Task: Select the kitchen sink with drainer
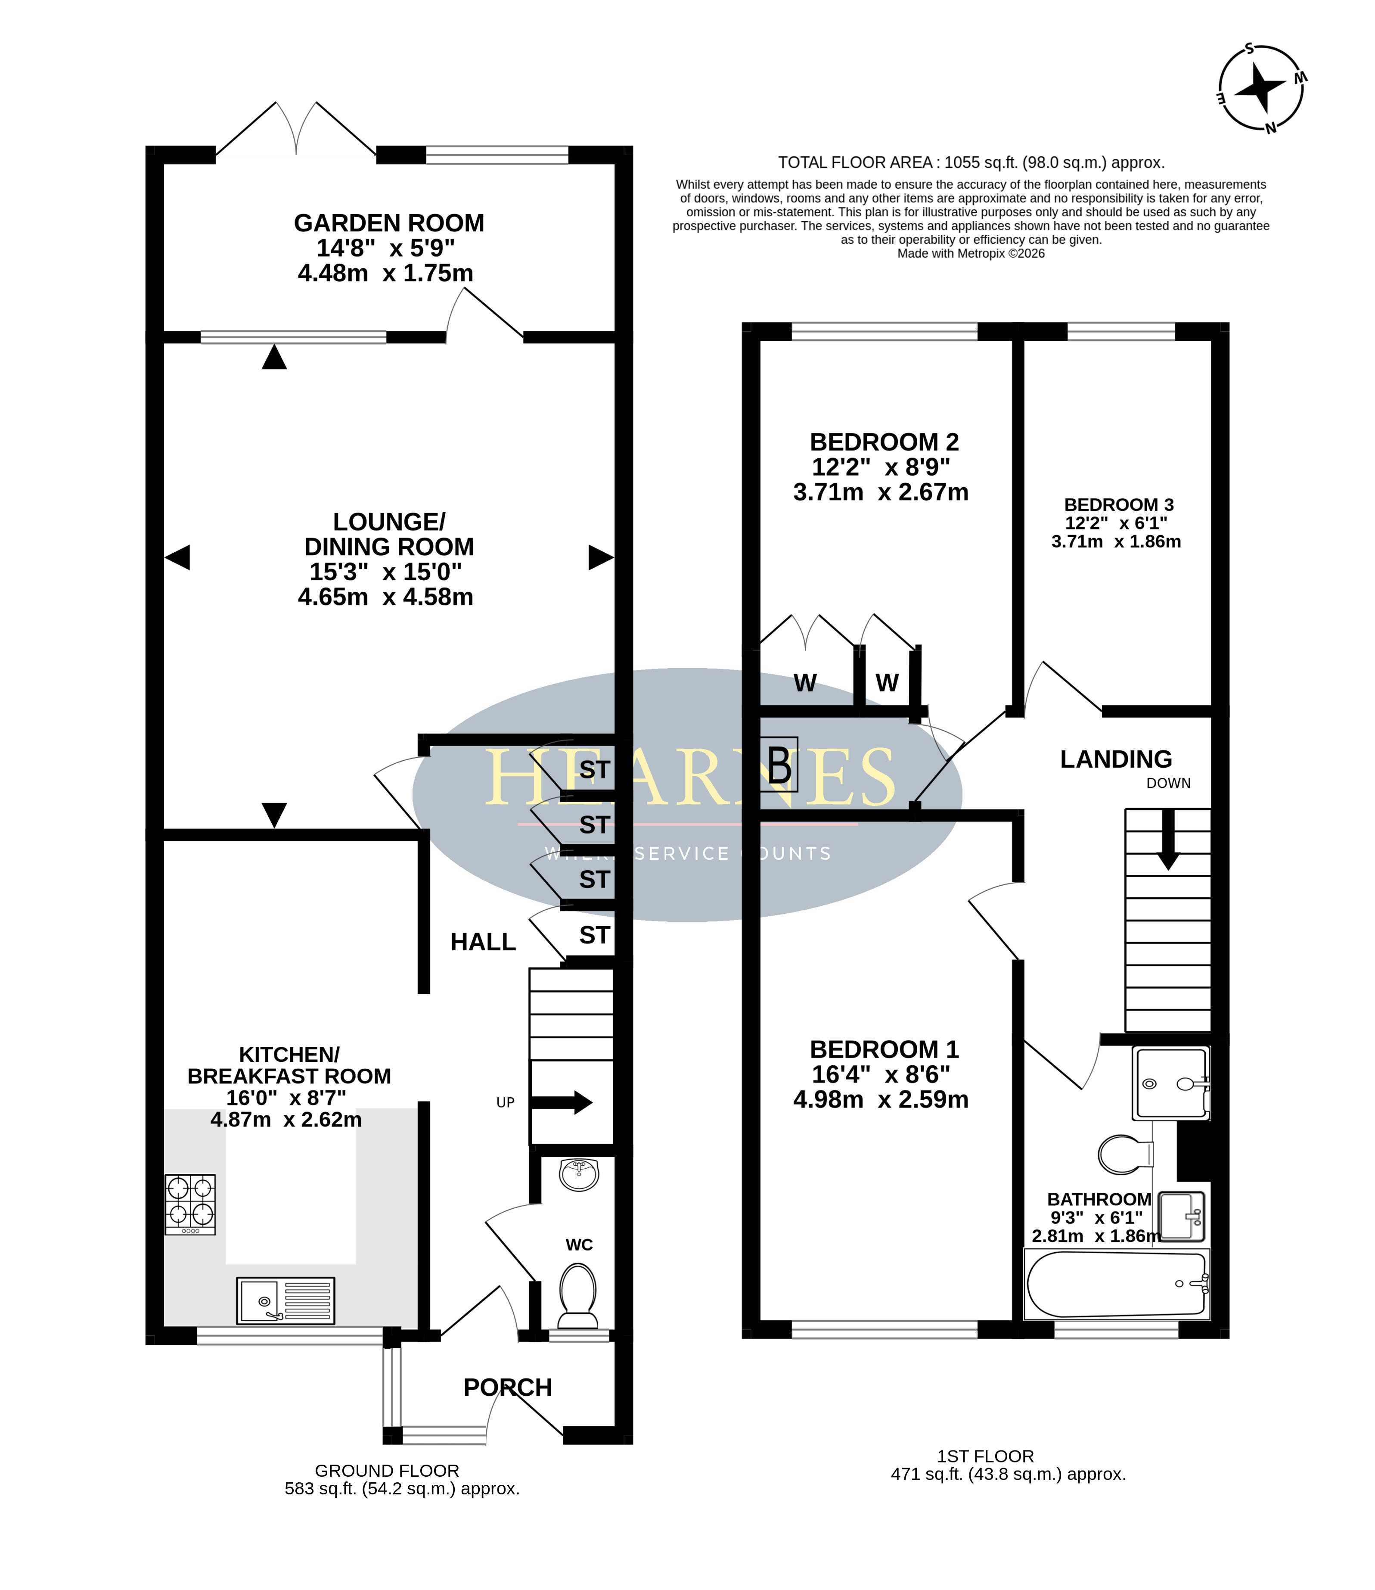(x=286, y=1301)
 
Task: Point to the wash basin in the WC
(x=578, y=1174)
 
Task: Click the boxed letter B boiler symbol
(x=779, y=764)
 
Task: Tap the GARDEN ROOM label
(x=389, y=223)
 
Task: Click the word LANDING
(x=1117, y=759)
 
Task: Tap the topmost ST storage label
(x=595, y=770)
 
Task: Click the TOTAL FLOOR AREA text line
(x=972, y=163)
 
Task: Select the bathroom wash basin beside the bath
(x=1182, y=1216)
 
